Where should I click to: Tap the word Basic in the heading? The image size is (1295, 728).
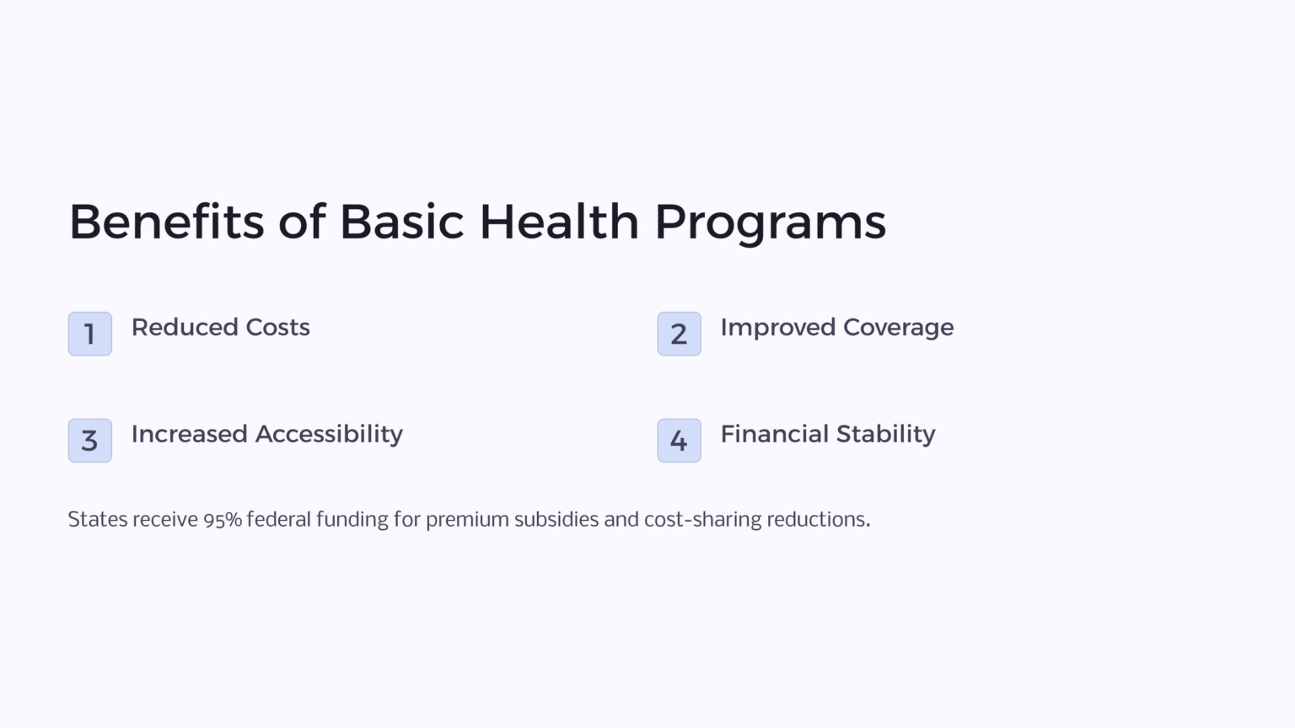click(x=401, y=222)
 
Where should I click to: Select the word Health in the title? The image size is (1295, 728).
click(x=559, y=222)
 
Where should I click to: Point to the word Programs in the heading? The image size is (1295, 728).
click(x=770, y=223)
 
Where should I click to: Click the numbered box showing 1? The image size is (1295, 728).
click(x=90, y=334)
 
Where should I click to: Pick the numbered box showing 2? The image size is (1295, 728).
click(x=679, y=334)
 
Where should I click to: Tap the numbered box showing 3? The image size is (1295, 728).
click(x=90, y=440)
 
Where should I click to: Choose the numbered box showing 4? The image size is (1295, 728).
click(x=679, y=440)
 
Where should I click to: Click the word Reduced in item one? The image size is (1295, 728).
click(x=185, y=327)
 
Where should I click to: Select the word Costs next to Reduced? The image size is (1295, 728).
click(x=277, y=327)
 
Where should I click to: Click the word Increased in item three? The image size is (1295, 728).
click(x=189, y=434)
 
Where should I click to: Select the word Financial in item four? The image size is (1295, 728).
click(x=774, y=434)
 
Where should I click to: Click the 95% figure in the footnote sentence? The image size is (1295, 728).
click(x=223, y=520)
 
